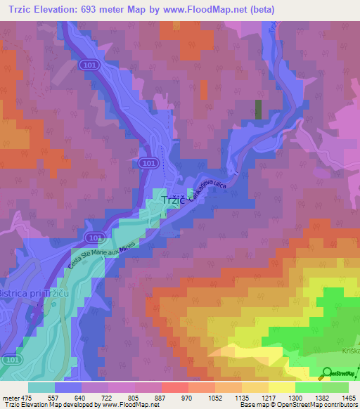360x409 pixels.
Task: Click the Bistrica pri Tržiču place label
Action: [x=34, y=292]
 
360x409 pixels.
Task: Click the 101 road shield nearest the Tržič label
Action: [x=146, y=163]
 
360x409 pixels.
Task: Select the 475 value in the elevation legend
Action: [x=27, y=397]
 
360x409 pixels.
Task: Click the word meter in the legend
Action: [x=11, y=397]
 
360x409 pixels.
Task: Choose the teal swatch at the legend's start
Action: [x=41, y=387]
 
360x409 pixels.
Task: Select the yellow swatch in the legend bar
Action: [x=281, y=387]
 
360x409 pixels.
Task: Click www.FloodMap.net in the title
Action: [x=212, y=10]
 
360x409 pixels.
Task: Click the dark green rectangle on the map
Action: [x=258, y=108]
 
